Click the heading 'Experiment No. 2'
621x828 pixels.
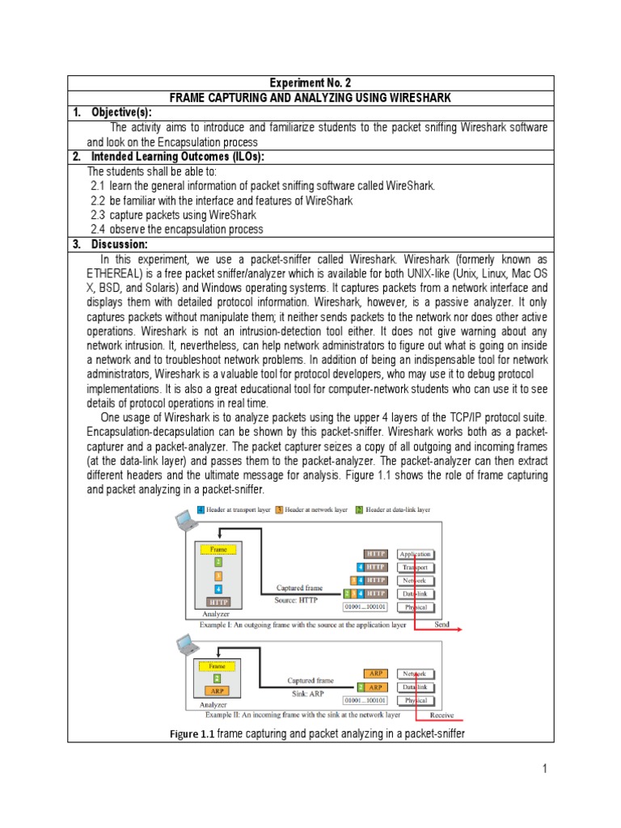click(310, 83)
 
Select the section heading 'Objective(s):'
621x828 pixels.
click(122, 112)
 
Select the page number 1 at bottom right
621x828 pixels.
click(545, 769)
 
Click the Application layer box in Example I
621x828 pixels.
click(416, 555)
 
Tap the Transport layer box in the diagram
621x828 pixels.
click(416, 568)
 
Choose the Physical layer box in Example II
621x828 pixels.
click(415, 700)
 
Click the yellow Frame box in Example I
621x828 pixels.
click(218, 548)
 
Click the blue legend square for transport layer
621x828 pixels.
click(201, 511)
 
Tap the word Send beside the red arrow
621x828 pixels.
click(441, 624)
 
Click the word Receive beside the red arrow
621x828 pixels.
click(441, 715)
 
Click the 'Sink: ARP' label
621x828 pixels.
click(310, 694)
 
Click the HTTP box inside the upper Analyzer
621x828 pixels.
click(218, 602)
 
